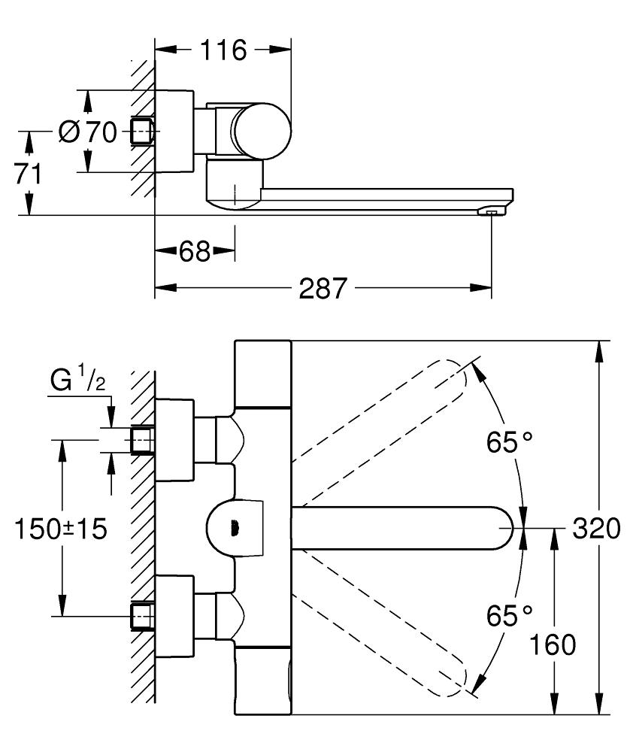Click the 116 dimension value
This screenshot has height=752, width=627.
pos(223,50)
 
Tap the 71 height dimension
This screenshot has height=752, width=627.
pos(29,174)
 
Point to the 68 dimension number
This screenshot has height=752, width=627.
pos(194,251)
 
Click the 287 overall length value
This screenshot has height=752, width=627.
pos(323,288)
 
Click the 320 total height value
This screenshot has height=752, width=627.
pos(597,528)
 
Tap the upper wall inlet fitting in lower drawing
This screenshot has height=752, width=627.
pos(143,441)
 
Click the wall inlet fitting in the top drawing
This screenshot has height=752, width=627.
pos(143,131)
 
